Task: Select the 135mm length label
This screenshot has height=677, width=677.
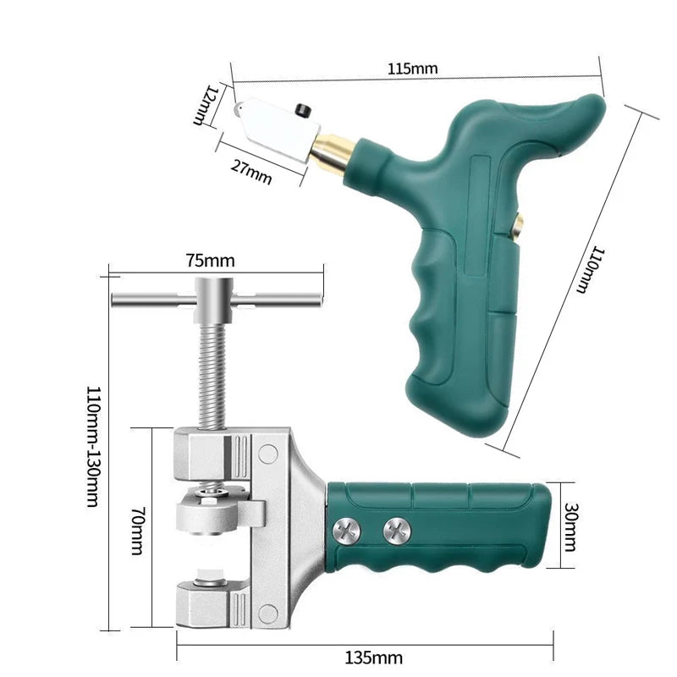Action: [x=374, y=657]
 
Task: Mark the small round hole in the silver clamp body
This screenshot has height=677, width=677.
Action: [x=268, y=454]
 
